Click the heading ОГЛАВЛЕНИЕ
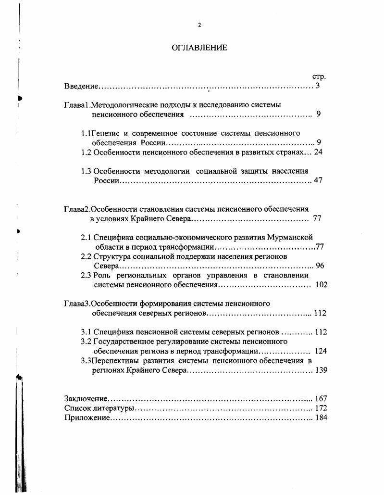[x=199, y=48]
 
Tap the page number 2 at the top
[x=199, y=25]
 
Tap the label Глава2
[x=77, y=209]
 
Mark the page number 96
[x=320, y=266]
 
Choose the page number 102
[x=321, y=285]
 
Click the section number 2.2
[x=86, y=256]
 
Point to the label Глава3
[x=77, y=304]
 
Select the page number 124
[x=321, y=351]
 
